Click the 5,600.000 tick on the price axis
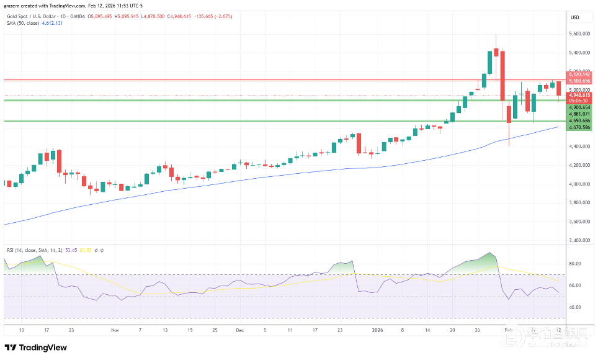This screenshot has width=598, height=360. tap(579, 35)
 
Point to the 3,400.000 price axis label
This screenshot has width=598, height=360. tap(579, 240)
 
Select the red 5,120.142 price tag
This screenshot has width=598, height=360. tap(579, 74)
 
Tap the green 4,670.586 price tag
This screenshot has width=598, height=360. tap(579, 127)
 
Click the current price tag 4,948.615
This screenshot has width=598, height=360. tap(579, 95)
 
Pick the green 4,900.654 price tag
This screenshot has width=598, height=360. tap(579, 107)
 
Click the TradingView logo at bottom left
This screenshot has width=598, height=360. tap(36, 348)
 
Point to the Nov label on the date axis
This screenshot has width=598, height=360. tap(114, 331)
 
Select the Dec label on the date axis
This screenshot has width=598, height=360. tap(239, 331)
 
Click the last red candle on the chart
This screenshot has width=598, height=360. tap(559, 89)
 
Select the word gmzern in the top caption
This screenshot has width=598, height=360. tap(12, 6)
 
